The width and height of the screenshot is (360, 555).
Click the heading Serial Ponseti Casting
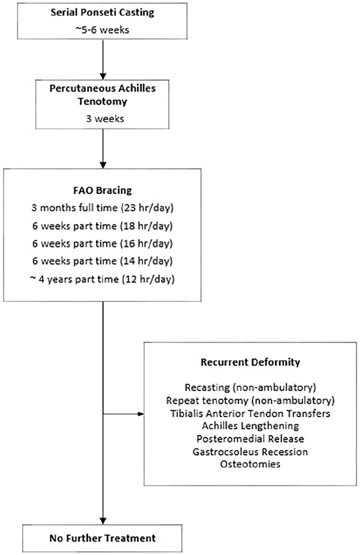[102, 13]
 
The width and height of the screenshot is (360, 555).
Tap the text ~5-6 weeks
[102, 30]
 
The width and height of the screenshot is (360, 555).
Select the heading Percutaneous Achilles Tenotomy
[102, 95]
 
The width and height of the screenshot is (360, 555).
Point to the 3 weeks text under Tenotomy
[105, 119]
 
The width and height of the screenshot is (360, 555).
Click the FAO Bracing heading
[102, 190]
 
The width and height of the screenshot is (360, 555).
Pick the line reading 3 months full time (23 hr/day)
[102, 208]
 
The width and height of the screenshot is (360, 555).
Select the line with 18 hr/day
[102, 226]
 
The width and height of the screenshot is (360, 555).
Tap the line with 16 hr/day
[102, 243]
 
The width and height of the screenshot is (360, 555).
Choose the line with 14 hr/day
[102, 261]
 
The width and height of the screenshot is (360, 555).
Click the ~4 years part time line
[102, 280]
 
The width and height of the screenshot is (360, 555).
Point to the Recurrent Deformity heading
[250, 362]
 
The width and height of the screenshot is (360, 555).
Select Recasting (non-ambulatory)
[250, 388]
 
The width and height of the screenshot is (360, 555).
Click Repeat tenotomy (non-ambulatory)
[250, 400]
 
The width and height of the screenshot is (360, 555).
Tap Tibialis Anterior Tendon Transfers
[250, 413]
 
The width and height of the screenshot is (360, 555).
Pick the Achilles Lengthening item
[250, 426]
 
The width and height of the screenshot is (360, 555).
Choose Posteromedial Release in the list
[250, 439]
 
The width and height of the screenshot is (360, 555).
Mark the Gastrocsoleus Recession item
[250, 452]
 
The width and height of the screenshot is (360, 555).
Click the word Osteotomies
[250, 464]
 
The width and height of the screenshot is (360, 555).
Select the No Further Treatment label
[103, 538]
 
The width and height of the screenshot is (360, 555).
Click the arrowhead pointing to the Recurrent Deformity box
[141, 414]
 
